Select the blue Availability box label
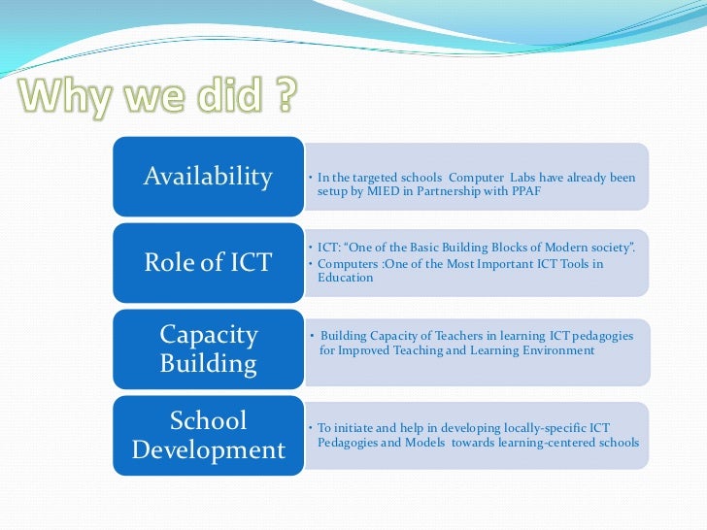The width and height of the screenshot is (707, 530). click(x=208, y=177)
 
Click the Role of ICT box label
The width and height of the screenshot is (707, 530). click(x=208, y=262)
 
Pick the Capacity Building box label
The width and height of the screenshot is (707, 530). click(x=208, y=348)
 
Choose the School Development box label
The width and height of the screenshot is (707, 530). click(x=208, y=435)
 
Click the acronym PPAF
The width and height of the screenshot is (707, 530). click(x=524, y=191)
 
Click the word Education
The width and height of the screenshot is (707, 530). click(x=345, y=278)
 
